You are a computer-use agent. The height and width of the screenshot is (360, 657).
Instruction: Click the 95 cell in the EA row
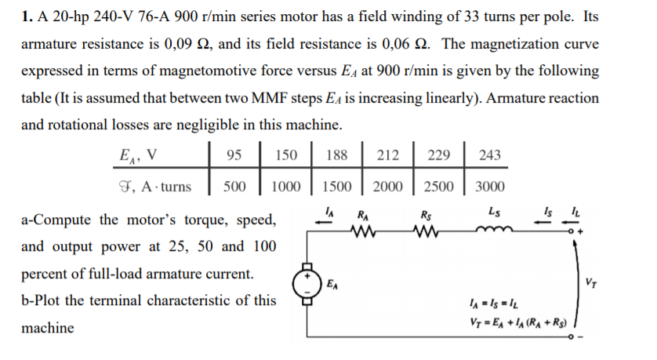234,155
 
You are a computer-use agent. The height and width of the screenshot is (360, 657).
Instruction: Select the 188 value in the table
336,155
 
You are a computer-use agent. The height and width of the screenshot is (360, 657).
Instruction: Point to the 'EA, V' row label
135,155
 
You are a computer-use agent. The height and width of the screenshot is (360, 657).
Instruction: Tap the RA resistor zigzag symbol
363,231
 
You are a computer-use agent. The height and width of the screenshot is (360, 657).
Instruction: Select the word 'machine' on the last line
48,328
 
